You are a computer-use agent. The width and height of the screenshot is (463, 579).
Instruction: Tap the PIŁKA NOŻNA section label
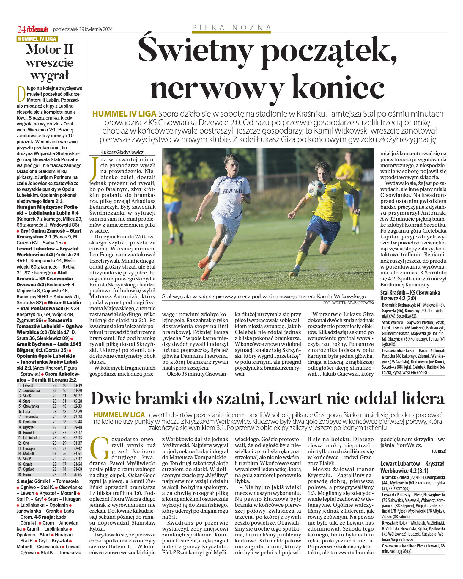tap(231, 28)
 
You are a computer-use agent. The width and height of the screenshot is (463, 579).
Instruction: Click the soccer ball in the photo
tap(316, 189)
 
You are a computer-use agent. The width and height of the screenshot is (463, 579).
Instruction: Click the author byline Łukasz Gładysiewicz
tap(122, 152)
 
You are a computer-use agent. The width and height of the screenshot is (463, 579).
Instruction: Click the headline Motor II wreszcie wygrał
tap(50, 62)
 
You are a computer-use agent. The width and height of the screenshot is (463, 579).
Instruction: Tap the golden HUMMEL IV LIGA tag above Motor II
tap(37, 39)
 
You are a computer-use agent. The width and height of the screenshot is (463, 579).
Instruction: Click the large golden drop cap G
tap(100, 448)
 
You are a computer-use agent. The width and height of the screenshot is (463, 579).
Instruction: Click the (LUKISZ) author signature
tap(439, 451)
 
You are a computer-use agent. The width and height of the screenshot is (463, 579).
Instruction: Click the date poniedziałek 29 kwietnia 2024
tap(83, 29)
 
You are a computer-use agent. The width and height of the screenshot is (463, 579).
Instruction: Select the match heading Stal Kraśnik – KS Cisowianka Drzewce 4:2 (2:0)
tap(410, 295)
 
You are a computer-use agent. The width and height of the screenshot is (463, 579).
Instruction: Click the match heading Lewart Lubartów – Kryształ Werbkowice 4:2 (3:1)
tap(412, 467)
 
